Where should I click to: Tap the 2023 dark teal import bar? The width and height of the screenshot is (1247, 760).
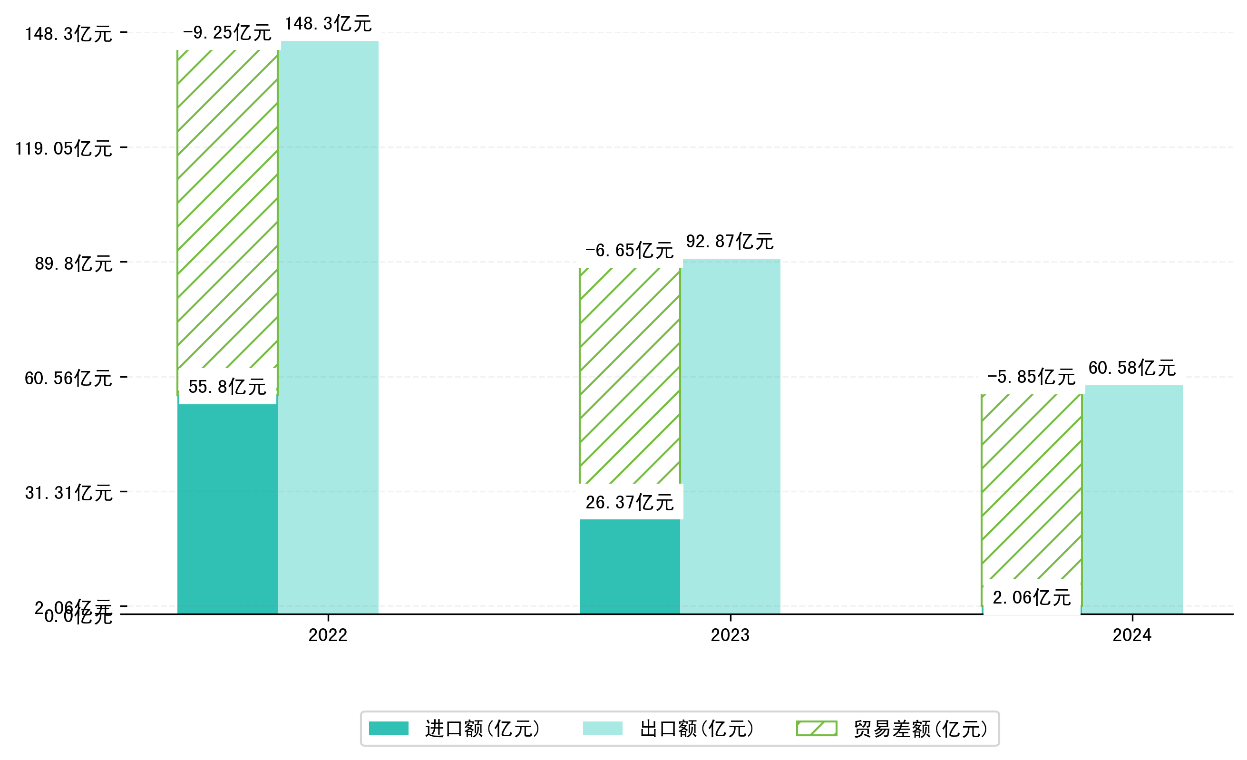point(629,567)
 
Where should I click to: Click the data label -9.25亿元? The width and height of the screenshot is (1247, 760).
point(227,33)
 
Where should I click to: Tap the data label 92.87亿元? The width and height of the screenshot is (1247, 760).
point(730,241)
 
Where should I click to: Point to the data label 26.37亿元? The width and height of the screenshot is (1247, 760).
point(630,502)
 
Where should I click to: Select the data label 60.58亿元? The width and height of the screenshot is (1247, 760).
point(1132,368)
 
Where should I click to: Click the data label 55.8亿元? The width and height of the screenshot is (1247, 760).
point(227,387)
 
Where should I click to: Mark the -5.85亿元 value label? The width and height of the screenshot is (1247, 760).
point(1031,377)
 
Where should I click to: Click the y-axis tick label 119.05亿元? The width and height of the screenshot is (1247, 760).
point(64,149)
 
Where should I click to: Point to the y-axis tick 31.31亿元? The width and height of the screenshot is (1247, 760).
point(69,493)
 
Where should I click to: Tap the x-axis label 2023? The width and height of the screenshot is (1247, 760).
point(730,635)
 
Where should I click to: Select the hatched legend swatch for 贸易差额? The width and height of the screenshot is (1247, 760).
point(816,729)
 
